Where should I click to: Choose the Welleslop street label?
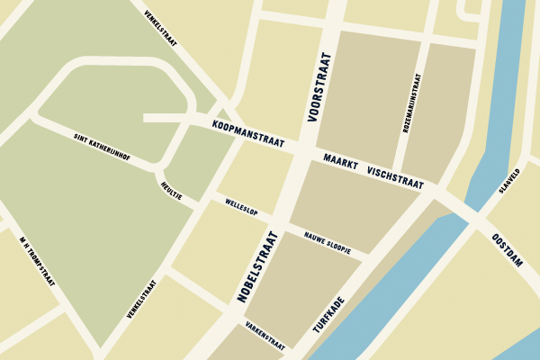(241, 208)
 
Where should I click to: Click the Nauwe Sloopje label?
(326, 241)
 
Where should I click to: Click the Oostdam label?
(508, 250)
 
